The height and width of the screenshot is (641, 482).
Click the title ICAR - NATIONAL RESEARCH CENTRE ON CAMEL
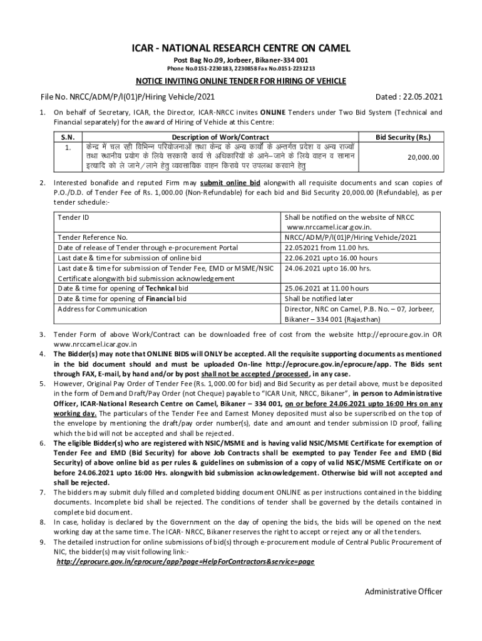[241, 48]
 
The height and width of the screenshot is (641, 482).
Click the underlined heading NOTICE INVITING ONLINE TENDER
[241, 82]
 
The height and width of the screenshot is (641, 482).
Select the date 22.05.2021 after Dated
[423, 97]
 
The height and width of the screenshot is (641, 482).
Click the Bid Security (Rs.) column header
[403, 137]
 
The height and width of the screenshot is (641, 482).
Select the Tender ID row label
[73, 217]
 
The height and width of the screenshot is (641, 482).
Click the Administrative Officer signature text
[404, 592]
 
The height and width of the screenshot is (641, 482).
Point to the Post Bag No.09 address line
[241, 59]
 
